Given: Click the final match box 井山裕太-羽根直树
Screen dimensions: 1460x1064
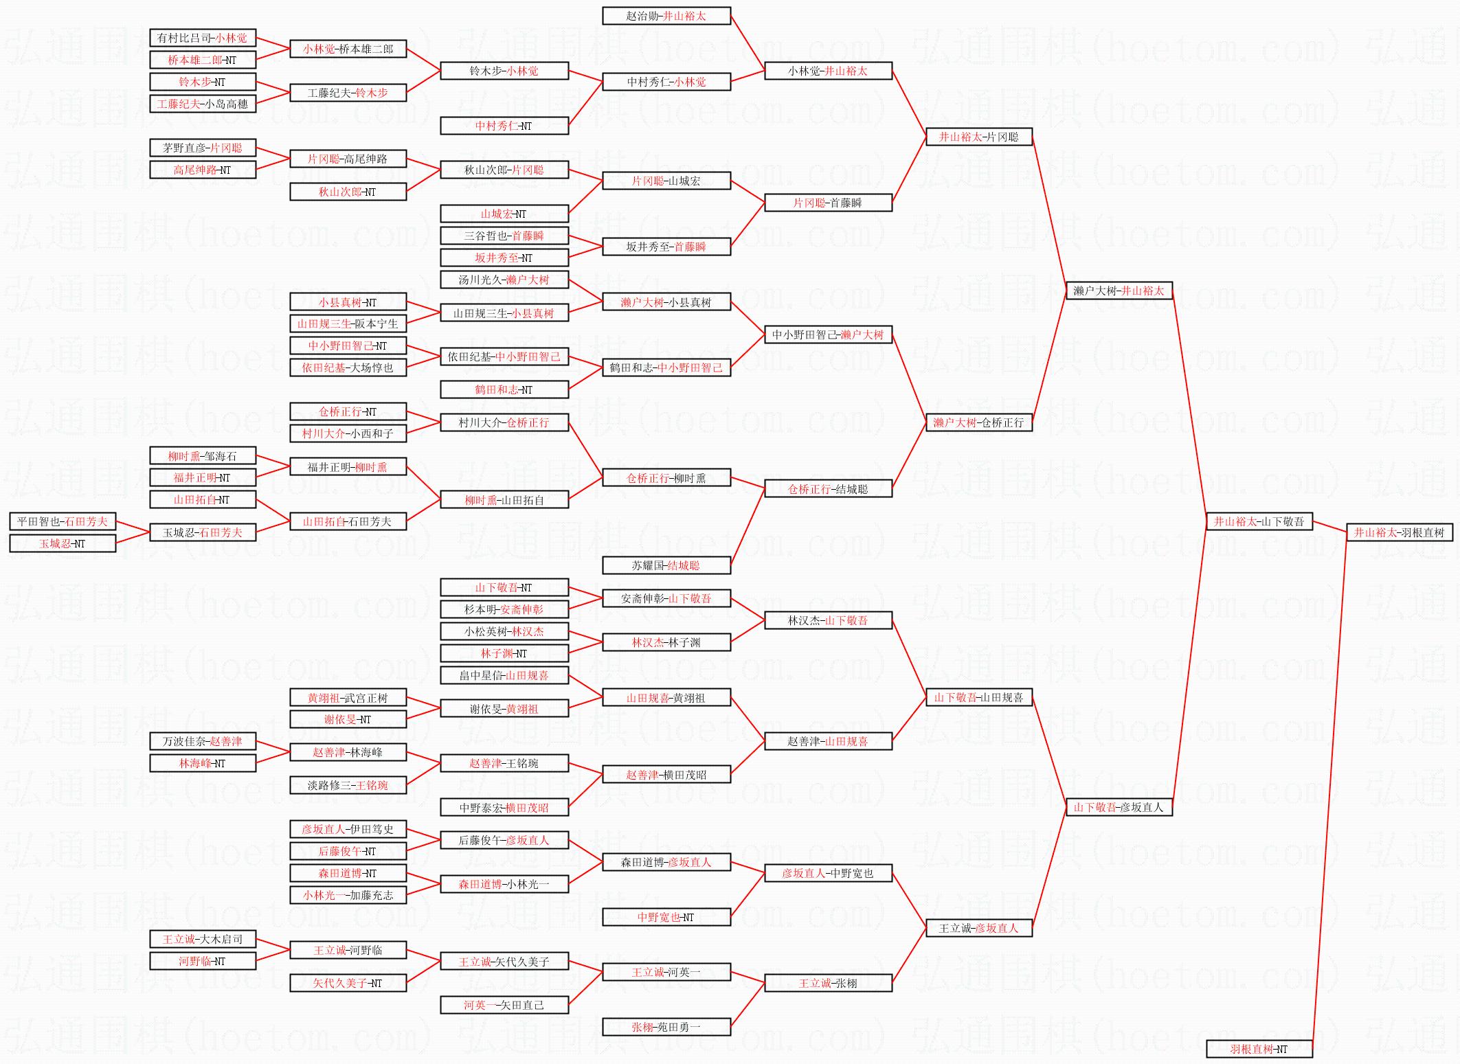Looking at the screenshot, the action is point(1399,532).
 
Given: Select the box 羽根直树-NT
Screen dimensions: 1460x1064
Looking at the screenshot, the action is point(1259,1049).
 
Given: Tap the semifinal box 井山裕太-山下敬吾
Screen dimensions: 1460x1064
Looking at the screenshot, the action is point(1259,521).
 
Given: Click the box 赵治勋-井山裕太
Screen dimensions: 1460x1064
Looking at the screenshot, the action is point(666,16).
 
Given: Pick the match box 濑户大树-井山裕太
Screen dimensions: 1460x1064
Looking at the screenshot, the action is point(1119,291).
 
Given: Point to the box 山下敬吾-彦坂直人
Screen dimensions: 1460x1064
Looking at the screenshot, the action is point(1119,807).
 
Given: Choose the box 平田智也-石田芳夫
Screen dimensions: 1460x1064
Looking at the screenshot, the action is point(63,521).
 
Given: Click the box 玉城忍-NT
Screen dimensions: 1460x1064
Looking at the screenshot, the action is point(63,543).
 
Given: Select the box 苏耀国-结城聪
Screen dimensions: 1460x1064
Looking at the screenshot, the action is point(666,565).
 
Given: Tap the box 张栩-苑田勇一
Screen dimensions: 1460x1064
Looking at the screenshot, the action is point(666,1027).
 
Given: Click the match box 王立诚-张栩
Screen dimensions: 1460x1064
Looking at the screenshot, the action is point(828,983).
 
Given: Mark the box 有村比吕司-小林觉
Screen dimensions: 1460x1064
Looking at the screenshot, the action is point(202,38).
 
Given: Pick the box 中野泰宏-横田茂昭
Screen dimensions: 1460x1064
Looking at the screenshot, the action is point(504,808).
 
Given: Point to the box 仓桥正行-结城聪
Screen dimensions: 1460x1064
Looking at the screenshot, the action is point(828,489).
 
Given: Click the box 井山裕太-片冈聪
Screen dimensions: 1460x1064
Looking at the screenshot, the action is point(978,137).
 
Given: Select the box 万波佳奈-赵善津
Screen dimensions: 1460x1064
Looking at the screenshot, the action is point(202,741).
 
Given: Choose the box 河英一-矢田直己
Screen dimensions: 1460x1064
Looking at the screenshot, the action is point(504,1005).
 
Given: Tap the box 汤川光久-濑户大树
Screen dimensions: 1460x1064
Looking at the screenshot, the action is point(504,280).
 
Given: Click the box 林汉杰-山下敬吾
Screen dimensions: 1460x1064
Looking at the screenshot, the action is point(828,620).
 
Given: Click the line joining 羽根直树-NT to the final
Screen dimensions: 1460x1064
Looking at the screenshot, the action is point(1329,790).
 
